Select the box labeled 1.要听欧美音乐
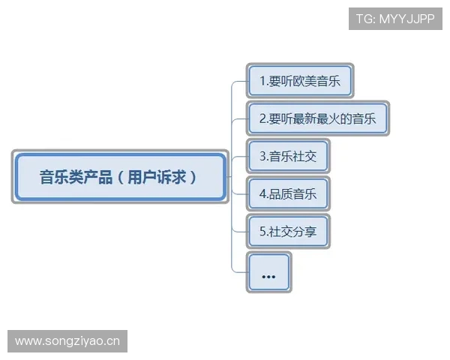(299, 81)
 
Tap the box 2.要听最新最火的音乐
(317, 118)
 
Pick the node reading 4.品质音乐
(288, 194)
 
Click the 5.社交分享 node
(288, 232)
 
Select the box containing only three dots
(268, 273)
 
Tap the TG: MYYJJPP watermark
(394, 19)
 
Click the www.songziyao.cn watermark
(68, 341)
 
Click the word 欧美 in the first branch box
(306, 81)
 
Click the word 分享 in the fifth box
(305, 232)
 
